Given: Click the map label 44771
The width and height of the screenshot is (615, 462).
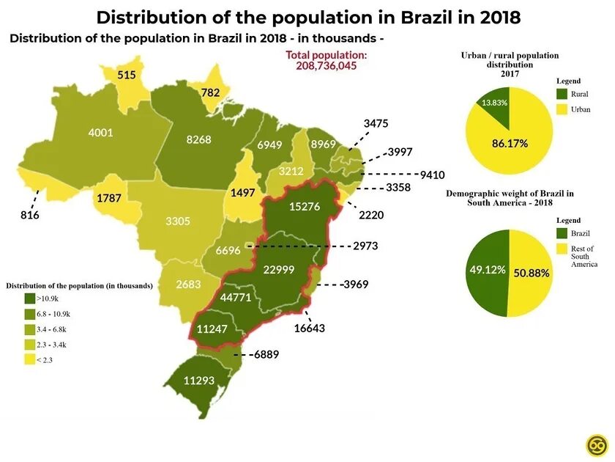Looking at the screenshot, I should coord(236,297).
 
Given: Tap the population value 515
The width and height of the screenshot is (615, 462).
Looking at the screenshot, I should coord(127,75).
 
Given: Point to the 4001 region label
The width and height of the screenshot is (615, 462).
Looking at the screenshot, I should coord(100,133).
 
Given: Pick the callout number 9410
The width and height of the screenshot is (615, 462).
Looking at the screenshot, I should coord(432,175).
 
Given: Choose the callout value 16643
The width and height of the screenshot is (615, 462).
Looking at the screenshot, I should coord(310,328).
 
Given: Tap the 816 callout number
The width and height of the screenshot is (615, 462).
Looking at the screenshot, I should coord(30,216).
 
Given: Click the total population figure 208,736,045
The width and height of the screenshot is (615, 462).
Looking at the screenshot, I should coord(327,66).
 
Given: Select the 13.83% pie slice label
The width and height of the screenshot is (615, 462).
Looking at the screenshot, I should coord(494,103).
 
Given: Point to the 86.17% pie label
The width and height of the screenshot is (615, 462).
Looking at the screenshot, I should coord(510,143).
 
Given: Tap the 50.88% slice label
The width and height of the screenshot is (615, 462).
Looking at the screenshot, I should coord(531,272).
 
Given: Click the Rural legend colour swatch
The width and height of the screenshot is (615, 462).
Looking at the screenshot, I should coord(562,94).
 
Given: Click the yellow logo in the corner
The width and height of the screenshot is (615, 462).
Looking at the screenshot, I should coord(596,445).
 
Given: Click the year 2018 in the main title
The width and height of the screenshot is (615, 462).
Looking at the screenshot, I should coord(496,18).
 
